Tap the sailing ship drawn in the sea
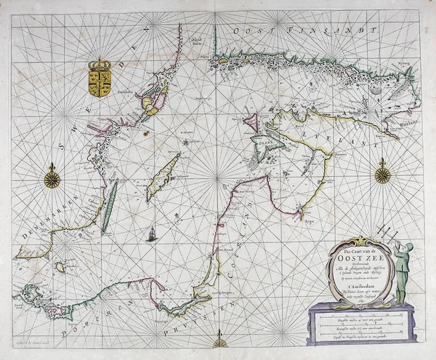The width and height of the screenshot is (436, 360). click(x=153, y=235)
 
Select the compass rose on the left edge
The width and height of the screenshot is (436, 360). click(x=52, y=177)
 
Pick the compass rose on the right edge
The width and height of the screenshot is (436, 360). click(x=383, y=174)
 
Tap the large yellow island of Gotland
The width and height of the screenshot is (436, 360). click(x=163, y=178)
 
